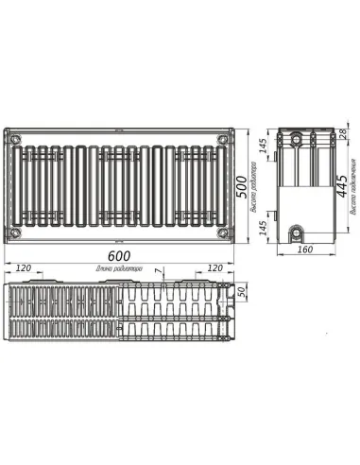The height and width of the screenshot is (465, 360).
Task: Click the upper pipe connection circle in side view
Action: [300, 140]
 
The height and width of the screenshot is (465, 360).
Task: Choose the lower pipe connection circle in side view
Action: [299, 232]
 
